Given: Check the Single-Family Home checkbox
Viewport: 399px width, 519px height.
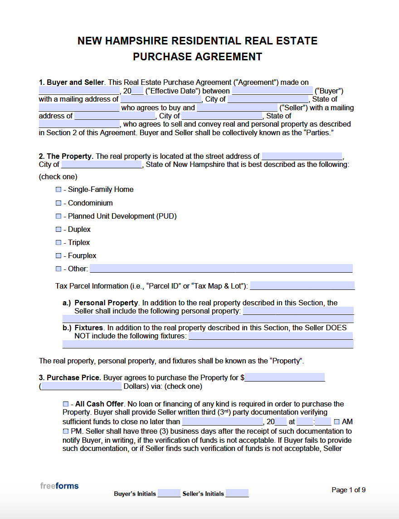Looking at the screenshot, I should (58, 190).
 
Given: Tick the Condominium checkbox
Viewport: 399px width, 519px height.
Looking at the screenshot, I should (58, 203).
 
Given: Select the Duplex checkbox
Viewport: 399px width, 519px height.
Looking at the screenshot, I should (58, 230).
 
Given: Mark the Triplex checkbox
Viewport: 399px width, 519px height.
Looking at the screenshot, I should (58, 243).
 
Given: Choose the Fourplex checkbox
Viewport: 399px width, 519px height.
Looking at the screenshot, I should (58, 256).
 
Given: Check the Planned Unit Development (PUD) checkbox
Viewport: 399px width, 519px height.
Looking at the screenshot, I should (58, 216).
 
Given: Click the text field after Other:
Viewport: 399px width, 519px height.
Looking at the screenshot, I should (221, 269).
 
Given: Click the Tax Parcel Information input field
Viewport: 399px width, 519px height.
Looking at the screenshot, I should (302, 286).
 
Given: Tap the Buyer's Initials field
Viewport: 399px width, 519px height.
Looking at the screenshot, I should (169, 494).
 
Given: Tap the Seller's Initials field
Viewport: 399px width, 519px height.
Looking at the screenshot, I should (237, 494).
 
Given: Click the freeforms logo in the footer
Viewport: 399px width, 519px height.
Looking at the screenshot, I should (59, 486).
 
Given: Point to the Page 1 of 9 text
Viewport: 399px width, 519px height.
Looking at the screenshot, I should (348, 490).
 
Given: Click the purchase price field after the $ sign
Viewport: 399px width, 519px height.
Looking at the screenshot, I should (285, 377).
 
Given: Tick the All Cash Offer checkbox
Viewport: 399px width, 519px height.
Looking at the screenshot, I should (66, 404).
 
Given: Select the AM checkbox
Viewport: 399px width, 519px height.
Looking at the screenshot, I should (336, 422).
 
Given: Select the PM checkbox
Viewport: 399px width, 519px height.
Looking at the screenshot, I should (66, 431).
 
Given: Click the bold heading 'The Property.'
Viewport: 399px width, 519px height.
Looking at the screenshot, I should (70, 156).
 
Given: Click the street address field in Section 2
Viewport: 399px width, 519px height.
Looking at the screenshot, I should (302, 156).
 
